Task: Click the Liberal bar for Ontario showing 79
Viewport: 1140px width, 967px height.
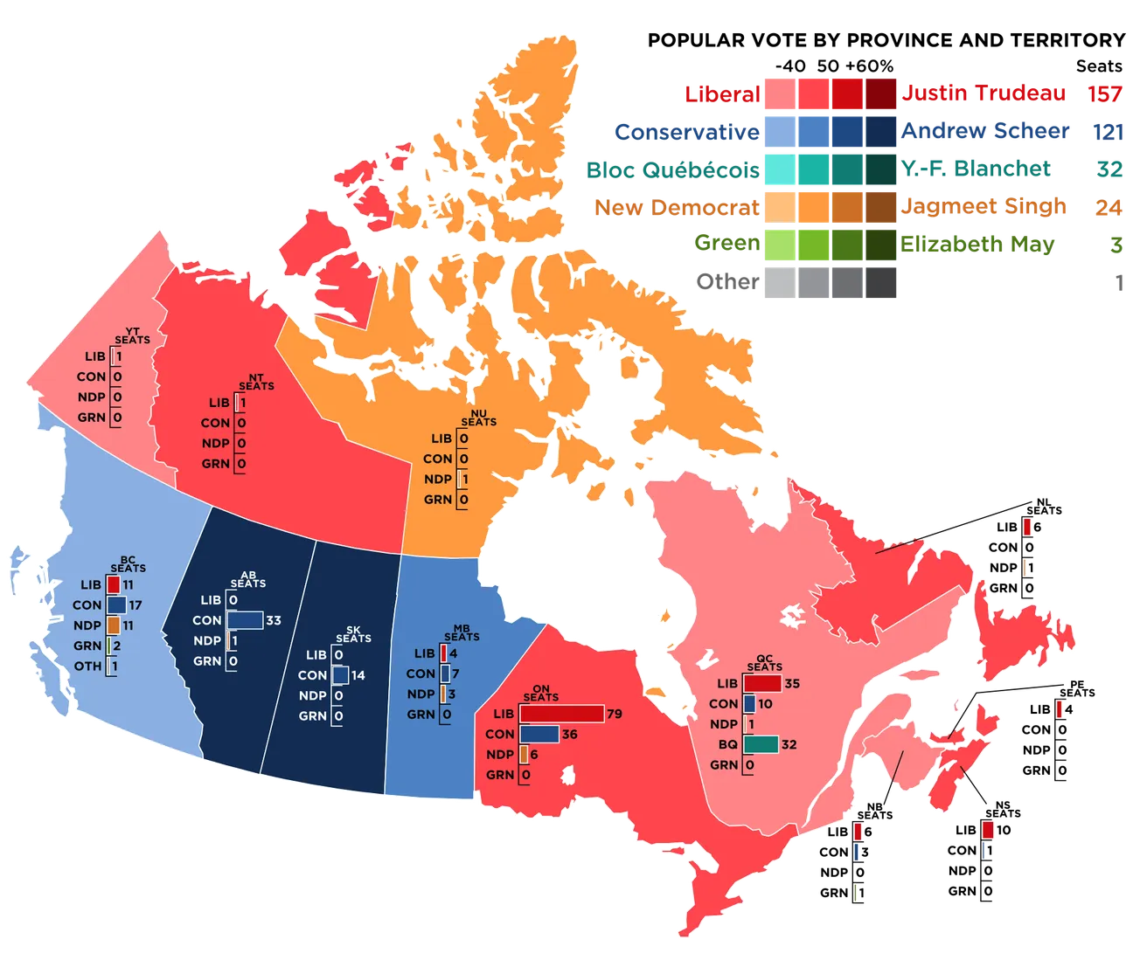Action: (560, 714)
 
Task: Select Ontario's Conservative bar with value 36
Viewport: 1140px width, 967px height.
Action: (539, 734)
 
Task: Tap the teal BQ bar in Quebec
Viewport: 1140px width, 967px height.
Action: (761, 744)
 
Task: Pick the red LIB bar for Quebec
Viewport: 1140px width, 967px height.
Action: (761, 683)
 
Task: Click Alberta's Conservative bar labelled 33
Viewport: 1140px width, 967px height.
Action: (245, 620)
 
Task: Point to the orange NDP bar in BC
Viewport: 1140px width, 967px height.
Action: (114, 625)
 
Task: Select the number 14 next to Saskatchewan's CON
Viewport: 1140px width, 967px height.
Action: (358, 675)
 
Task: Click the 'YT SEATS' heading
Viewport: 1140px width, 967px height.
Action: (132, 335)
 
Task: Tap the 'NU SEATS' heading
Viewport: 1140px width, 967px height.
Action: (478, 418)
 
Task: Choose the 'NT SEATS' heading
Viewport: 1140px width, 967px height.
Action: (256, 382)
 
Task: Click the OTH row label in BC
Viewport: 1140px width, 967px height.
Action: (87, 666)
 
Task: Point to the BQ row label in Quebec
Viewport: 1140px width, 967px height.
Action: (728, 744)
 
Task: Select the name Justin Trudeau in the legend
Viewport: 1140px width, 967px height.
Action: (984, 93)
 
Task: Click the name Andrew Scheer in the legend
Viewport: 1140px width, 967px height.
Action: (984, 131)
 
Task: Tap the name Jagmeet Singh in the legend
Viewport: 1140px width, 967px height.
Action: (984, 206)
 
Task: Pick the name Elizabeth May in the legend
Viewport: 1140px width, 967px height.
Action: (977, 244)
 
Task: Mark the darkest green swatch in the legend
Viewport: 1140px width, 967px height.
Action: (882, 244)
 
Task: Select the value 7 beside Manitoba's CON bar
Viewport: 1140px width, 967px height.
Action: (455, 674)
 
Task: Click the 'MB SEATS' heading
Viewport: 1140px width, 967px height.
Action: (462, 632)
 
